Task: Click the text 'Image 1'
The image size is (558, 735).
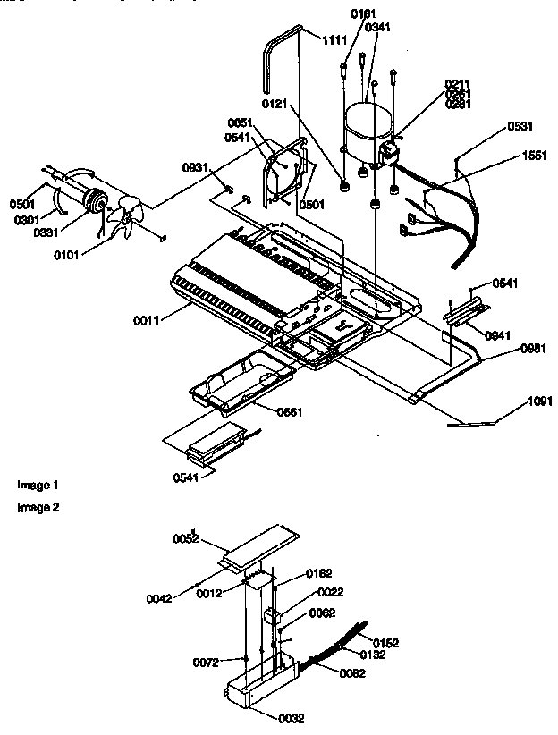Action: click(38, 485)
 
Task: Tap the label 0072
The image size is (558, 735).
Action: click(206, 662)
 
